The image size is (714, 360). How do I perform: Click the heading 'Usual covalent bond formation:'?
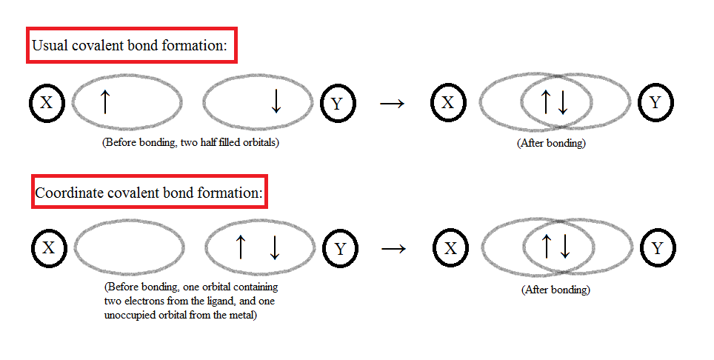tap(132, 46)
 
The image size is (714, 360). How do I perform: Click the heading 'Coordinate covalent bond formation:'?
tap(148, 195)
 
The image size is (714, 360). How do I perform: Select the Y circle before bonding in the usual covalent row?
tap(337, 103)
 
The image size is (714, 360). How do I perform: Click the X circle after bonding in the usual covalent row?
tap(447, 102)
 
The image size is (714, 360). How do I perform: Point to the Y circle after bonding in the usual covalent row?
tap(655, 102)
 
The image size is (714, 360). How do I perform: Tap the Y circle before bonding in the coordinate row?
tap(340, 248)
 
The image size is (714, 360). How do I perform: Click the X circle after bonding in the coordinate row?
tap(450, 247)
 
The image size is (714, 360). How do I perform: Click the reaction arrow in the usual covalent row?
tap(392, 103)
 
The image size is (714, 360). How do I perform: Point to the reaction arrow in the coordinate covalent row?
tap(394, 248)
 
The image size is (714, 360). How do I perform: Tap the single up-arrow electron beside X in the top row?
tap(104, 101)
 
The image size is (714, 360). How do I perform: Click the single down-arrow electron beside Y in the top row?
tap(276, 102)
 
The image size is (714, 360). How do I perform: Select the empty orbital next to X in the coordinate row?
tap(129, 248)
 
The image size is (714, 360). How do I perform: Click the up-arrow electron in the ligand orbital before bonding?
tap(240, 247)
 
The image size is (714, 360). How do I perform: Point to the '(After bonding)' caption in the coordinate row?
tap(555, 290)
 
